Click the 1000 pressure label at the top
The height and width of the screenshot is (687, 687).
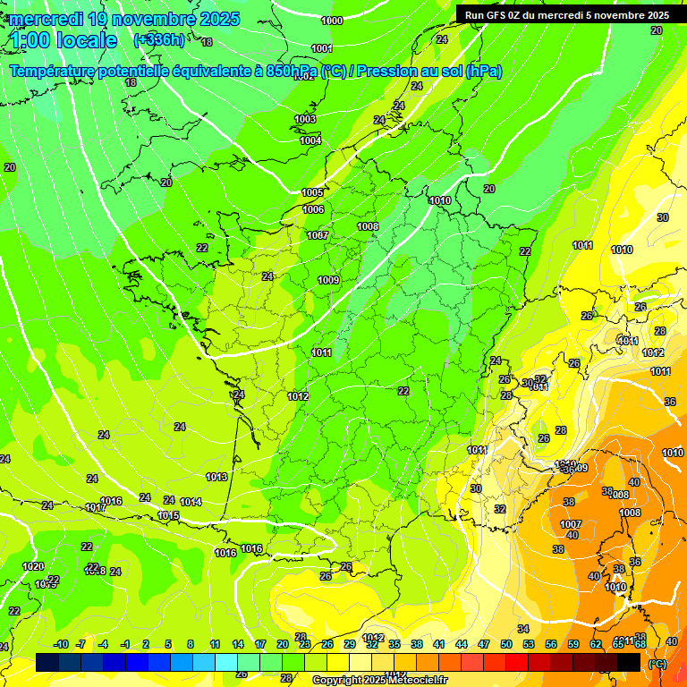click(331, 21)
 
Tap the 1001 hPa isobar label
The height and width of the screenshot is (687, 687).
click(322, 48)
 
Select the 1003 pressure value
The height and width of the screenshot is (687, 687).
click(306, 119)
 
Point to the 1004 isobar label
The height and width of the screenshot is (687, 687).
click(310, 140)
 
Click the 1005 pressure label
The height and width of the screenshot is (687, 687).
click(312, 192)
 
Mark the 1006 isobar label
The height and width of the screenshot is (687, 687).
click(313, 209)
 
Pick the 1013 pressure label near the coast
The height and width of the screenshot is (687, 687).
click(216, 477)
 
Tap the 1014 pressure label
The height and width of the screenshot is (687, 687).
click(191, 502)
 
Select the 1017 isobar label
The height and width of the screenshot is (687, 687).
click(96, 508)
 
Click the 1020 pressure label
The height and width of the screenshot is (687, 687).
click(33, 566)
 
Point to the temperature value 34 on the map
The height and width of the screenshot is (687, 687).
click(523, 629)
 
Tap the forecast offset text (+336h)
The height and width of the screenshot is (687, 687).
click(159, 40)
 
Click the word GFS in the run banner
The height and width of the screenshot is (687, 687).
click(498, 15)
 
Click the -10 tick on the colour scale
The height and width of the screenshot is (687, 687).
click(61, 644)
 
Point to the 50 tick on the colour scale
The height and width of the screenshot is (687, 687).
click(506, 644)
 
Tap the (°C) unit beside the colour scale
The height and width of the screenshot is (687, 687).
click(657, 664)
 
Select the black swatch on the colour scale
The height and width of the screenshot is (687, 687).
click(629, 663)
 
